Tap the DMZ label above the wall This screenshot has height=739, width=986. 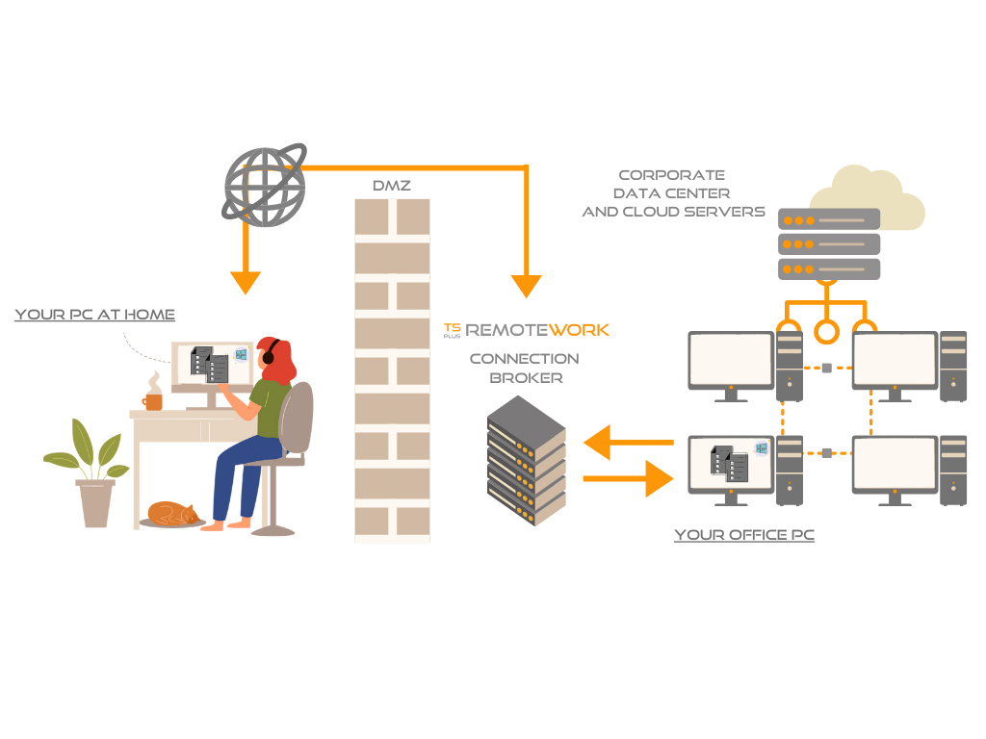(391, 186)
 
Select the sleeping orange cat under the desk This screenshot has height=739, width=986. (173, 513)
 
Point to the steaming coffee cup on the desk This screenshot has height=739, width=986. (153, 395)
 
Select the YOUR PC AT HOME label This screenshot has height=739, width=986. (94, 315)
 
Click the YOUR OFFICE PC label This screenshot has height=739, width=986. (744, 535)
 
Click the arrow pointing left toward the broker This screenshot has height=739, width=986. (627, 443)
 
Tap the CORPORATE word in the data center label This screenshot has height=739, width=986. (672, 175)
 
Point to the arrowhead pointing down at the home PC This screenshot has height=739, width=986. (246, 283)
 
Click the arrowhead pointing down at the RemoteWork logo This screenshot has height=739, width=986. (526, 286)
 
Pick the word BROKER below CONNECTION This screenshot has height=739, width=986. (526, 378)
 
